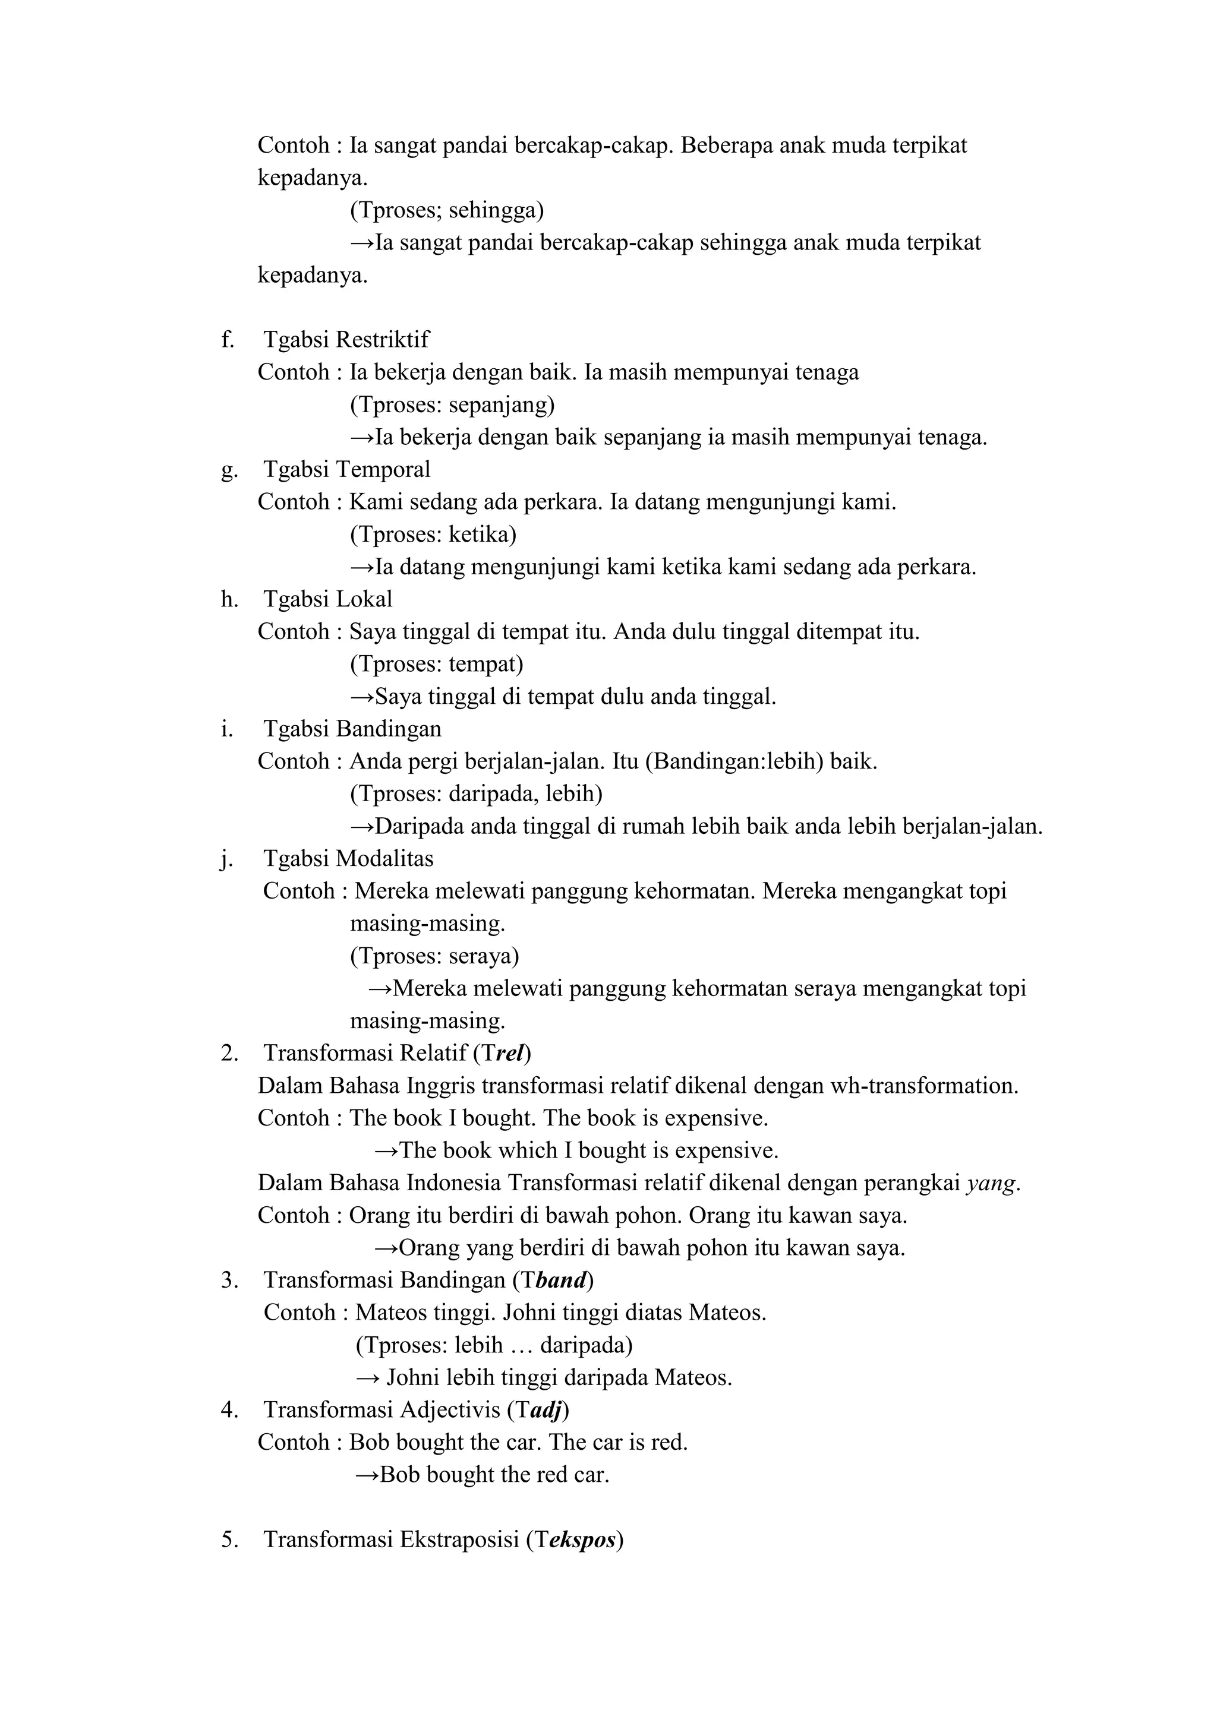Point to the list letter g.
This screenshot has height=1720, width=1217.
[229, 471]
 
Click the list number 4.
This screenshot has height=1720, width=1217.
[229, 1410]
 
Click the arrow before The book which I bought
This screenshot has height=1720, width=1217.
[386, 1150]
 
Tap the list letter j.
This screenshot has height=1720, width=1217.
[226, 859]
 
